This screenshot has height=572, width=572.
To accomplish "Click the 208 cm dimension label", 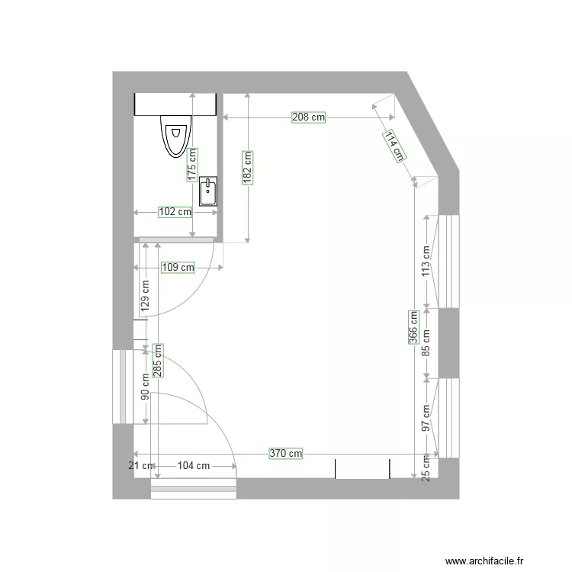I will point(308,117).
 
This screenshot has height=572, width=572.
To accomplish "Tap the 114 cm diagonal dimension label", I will point(394,146).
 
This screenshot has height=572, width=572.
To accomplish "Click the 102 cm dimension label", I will point(175,212).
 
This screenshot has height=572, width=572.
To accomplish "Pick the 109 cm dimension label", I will point(178,268).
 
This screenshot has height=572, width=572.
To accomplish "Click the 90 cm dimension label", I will point(145,386).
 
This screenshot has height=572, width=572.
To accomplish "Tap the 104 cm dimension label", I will point(194,465).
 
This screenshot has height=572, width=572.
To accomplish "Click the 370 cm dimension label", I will point(286,453).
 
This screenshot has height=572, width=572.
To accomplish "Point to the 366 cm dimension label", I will point(413,328).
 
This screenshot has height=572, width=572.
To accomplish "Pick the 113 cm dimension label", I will point(426,259).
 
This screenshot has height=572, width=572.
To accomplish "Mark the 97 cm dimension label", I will point(426,418).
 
